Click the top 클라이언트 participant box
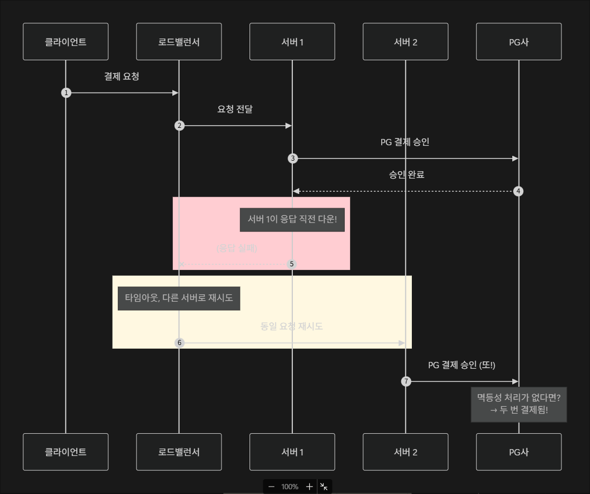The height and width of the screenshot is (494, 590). pos(66,42)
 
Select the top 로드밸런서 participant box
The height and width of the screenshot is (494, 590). pos(179,42)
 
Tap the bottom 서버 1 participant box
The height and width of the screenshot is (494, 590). pos(292,452)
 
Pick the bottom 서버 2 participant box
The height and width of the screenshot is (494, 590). pos(405,452)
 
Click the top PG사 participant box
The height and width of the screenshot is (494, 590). pos(519,42)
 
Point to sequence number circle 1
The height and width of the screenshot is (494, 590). pos(66,93)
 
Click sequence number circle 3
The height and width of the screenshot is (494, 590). pos(292,159)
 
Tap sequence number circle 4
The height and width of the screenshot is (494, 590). pos(519,191)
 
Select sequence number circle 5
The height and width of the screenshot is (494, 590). pos(292,264)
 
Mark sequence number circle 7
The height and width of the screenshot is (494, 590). pos(406,381)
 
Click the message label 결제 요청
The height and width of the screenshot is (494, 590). pos(122,77)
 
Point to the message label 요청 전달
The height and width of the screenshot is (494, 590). pos(235,109)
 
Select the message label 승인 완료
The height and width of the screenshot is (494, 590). pos(406,175)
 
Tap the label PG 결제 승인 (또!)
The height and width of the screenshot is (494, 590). pos(462,365)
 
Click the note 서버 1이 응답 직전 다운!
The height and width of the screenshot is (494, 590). pos(292,219)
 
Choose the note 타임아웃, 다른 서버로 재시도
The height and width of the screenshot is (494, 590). pos(179,297)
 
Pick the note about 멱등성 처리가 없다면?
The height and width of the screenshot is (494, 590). pos(519,404)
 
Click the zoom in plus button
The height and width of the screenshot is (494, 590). pos(310,487)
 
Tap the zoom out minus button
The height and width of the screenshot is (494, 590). pos(272,487)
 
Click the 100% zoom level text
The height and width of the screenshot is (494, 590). pos(290,487)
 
